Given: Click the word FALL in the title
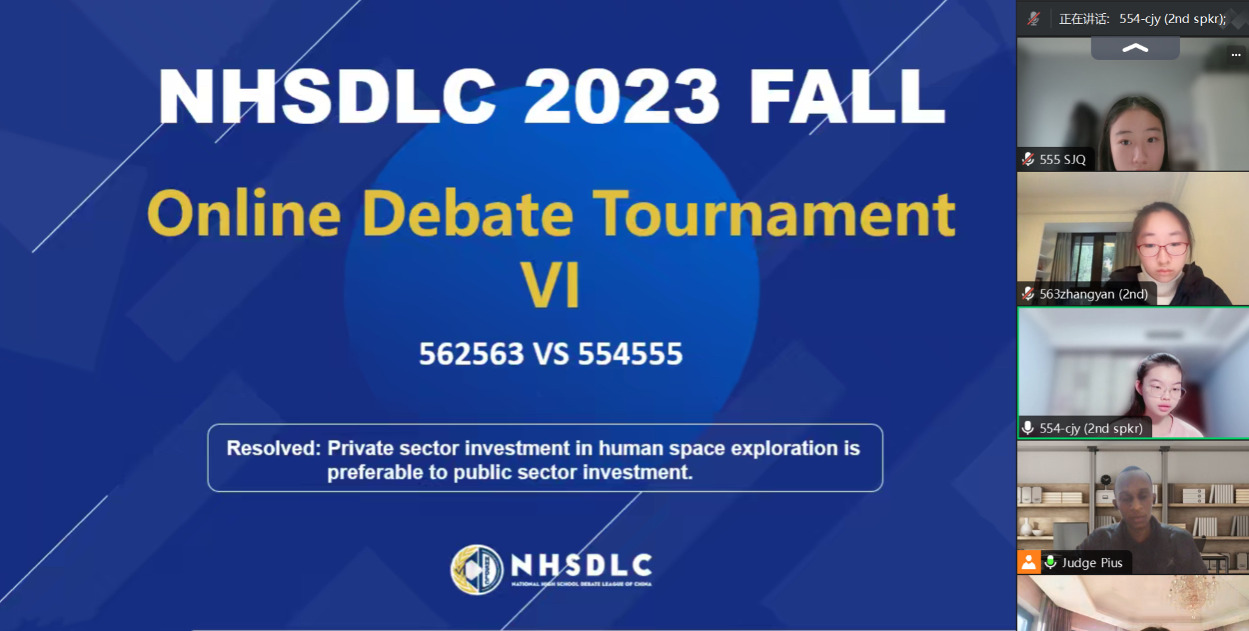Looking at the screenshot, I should pos(847,97).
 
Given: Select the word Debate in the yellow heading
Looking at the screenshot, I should pos(468,214).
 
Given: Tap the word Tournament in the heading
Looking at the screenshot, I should pos(774,214).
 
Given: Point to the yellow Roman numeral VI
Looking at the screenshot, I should pos(551,285).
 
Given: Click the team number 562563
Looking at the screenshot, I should pos(472,354).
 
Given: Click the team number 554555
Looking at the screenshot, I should pos(630,354).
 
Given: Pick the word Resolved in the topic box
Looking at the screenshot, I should pos(272,448).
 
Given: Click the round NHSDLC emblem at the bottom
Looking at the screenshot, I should pos(476,569).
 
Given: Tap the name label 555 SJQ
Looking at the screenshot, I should pos(1062,160).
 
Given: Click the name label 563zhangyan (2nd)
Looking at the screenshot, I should pos(1093,294).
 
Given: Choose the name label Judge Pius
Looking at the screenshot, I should pos(1091,563).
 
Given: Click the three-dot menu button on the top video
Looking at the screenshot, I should pos(1236,55).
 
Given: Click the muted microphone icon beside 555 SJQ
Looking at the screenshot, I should pos(1028,159).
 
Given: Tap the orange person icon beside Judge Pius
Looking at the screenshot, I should pos(1029,562).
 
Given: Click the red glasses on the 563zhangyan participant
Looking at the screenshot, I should pos(1162,249).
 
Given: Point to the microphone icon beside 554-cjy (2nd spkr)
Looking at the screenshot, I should pos(1027,428).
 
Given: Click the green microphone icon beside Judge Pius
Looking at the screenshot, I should pos(1051,562).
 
